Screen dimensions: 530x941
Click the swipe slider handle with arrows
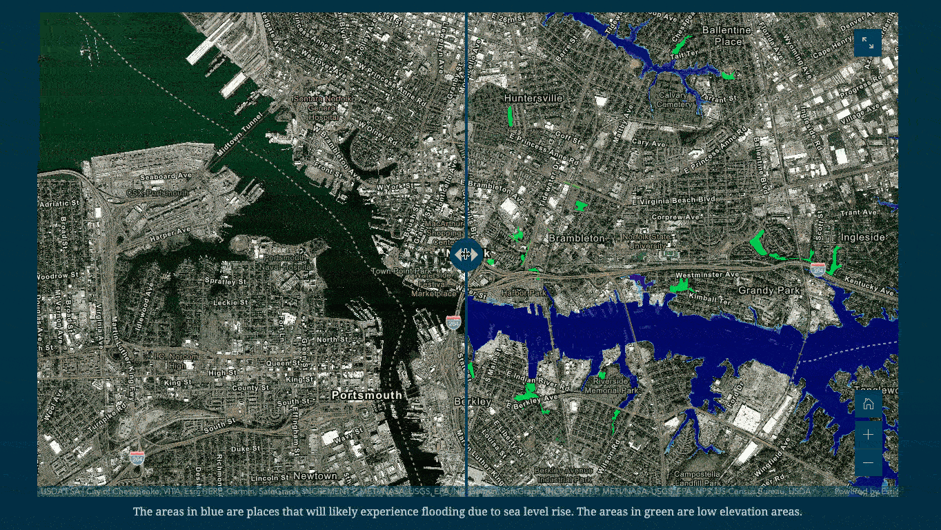tap(466, 255)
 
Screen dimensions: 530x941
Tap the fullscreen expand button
tap(867, 43)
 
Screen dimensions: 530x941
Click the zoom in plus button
tap(868, 434)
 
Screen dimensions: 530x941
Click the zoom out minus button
tap(868, 462)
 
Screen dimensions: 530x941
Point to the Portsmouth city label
tap(366, 395)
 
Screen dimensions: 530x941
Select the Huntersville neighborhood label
tap(533, 99)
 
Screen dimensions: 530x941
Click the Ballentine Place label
tap(726, 36)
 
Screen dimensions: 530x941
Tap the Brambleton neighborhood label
tap(577, 238)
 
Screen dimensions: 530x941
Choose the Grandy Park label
tap(770, 291)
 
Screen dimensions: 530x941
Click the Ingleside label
tap(862, 237)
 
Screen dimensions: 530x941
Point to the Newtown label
tap(315, 476)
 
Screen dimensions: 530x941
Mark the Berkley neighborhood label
tap(473, 402)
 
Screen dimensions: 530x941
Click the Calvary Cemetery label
tap(674, 100)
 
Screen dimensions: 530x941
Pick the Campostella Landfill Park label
tap(697, 480)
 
